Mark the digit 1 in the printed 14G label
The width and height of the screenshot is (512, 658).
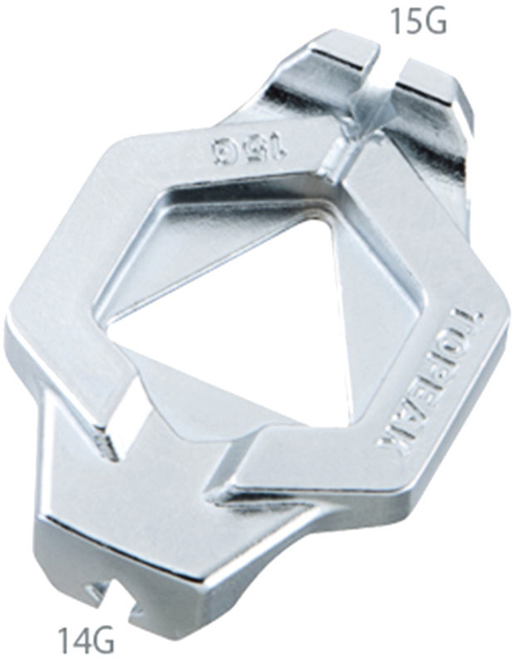(x=66, y=641)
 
